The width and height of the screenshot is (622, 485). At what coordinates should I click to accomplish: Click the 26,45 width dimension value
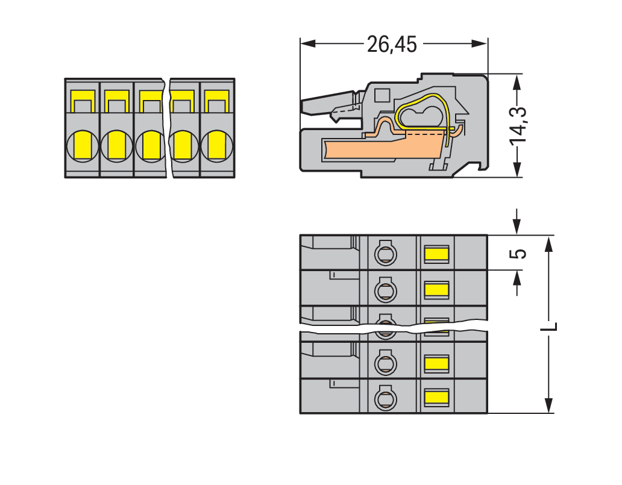[392, 44]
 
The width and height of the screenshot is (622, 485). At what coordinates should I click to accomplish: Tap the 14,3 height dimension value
[517, 126]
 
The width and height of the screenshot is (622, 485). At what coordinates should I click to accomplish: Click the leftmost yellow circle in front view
[82, 145]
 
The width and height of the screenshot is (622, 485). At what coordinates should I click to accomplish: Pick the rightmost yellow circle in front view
[217, 145]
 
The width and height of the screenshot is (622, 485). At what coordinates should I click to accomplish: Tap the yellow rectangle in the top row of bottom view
[436, 254]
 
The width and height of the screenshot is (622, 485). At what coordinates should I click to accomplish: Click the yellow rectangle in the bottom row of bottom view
[436, 396]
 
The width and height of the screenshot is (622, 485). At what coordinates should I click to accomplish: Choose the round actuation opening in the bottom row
[384, 398]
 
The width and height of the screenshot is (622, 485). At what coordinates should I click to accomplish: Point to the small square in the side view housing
[382, 95]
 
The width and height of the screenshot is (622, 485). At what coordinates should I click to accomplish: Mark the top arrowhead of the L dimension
[548, 243]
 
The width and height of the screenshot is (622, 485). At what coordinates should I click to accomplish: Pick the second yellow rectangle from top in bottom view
[436, 290]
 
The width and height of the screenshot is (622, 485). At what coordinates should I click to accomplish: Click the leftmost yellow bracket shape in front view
[83, 99]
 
